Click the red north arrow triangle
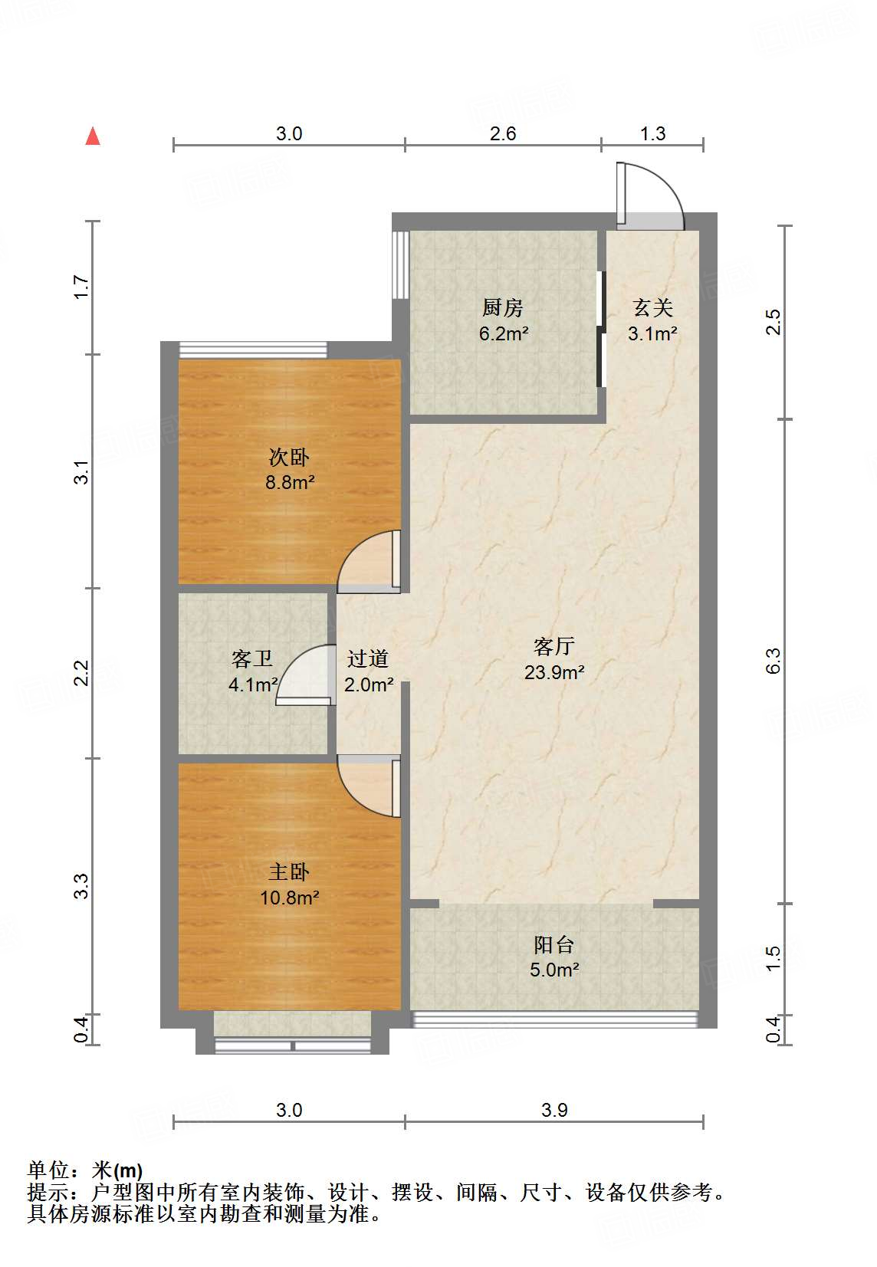[94, 136]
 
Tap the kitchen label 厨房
[503, 308]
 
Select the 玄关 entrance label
[652, 308]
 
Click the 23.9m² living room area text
[554, 673]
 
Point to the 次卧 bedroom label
[289, 458]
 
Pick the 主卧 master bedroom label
[289, 872]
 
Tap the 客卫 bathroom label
[251, 659]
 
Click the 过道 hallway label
[368, 659]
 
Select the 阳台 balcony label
[553, 945]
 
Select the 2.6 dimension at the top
[503, 134]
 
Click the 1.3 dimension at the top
[652, 134]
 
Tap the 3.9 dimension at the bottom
[554, 1110]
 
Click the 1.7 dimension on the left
[82, 287]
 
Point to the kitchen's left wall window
[399, 264]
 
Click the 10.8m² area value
[289, 898]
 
